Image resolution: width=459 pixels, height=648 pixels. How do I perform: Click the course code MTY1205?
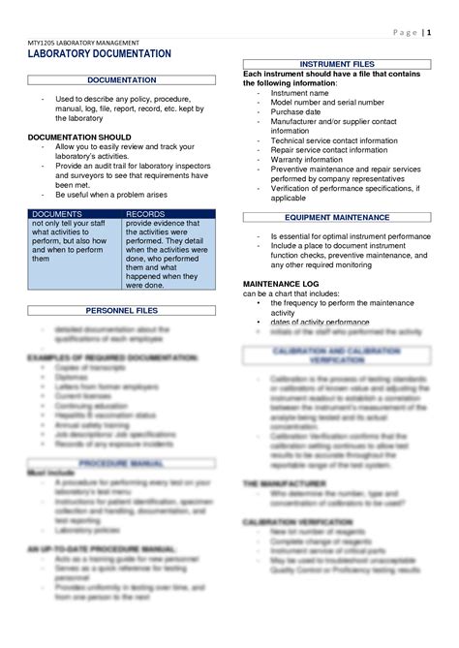pos(44,44)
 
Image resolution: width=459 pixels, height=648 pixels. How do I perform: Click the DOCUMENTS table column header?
pos(57,212)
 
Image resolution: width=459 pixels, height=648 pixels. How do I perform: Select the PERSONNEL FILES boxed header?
pos(122,312)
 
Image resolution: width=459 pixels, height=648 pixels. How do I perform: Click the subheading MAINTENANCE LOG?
pos(284,284)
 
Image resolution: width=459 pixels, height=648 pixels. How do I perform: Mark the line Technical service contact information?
pos(334,140)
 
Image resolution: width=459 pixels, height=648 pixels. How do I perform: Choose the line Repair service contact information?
pos(332,150)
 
